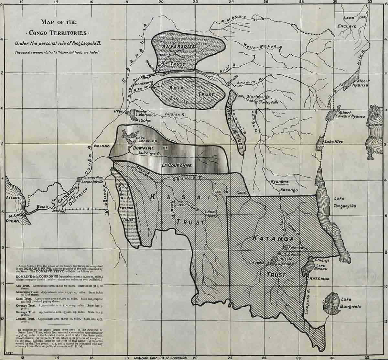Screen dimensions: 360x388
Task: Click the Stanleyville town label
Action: [258, 96]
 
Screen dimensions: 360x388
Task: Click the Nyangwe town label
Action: [279, 182]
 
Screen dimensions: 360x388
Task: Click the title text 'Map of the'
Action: [59, 22]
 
